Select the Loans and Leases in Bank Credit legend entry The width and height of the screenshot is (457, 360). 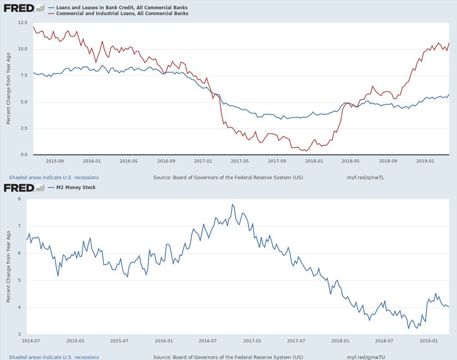[118, 8]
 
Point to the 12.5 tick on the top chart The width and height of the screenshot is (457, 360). [22, 23]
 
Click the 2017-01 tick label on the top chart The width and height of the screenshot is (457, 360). [203, 161]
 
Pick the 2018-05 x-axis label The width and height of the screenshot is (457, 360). [350, 161]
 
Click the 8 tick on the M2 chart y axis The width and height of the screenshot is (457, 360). [19, 199]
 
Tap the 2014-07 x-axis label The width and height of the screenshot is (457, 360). [31, 341]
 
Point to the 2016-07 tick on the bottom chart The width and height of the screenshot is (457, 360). [208, 341]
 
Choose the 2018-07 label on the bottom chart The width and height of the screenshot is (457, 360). [384, 341]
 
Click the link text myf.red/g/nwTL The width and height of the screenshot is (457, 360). [365, 177]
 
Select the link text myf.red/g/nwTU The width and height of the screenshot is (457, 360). [365, 357]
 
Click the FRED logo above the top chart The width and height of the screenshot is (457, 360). [19, 8]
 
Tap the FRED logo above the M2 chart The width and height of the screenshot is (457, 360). [19, 187]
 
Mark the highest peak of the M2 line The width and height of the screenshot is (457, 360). [232, 204]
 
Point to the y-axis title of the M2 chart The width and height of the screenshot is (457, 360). [8, 268]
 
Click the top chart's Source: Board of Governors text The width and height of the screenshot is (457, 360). [228, 177]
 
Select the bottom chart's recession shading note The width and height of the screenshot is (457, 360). [54, 357]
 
